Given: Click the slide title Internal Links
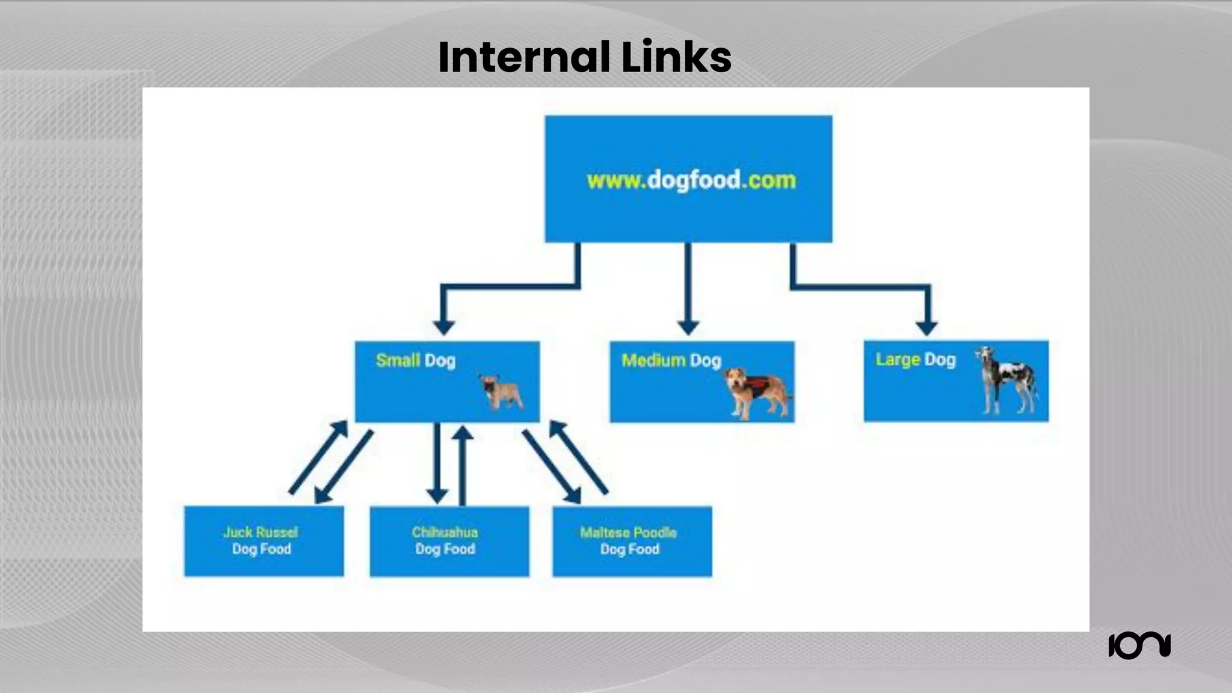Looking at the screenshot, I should tap(584, 57).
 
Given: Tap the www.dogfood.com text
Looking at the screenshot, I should tap(691, 180).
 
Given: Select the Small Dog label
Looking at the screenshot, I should tap(415, 360).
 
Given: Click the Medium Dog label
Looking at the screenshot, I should tap(671, 360).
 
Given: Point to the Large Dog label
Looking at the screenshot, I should tap(915, 359).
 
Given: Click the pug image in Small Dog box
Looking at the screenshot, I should tap(502, 392).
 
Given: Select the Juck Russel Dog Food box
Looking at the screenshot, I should tap(263, 541).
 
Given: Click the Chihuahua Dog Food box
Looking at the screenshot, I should tap(449, 541).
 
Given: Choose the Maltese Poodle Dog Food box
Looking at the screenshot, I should tap(632, 541).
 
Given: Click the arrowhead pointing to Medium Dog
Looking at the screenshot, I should tap(688, 327).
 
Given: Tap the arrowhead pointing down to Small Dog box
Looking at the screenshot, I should tap(444, 327).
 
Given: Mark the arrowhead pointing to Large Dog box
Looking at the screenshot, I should tap(927, 327).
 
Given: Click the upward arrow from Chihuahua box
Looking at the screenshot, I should tap(462, 463).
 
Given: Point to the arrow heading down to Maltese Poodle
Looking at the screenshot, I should tap(552, 467).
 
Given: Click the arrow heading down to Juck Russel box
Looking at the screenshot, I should tap(343, 467).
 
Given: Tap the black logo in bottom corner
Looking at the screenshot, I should tap(1139, 645).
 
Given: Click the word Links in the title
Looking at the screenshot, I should tap(676, 57).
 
